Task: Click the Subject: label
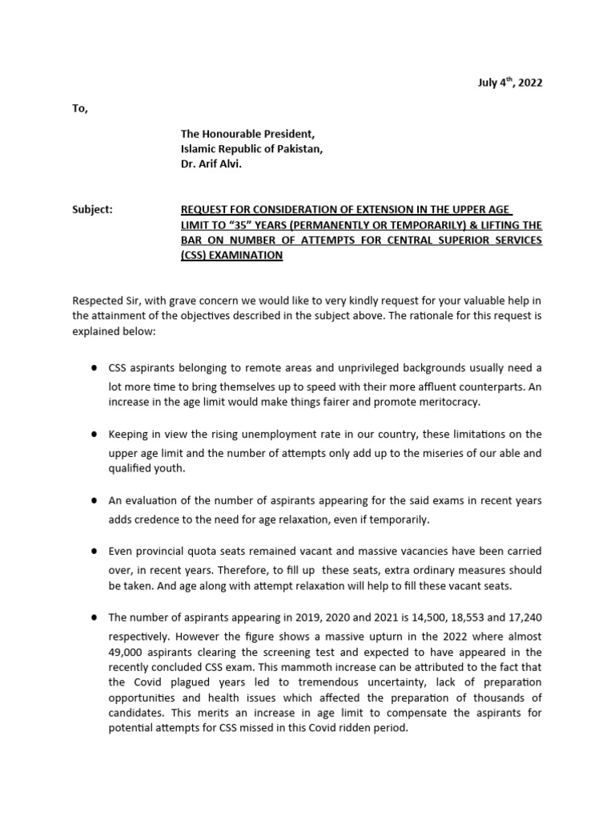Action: (x=92, y=209)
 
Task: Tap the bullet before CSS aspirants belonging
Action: (x=94, y=367)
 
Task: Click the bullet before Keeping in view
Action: (x=94, y=434)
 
